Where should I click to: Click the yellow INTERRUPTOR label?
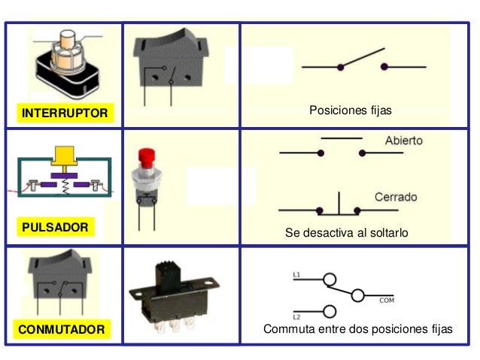[x=65, y=113]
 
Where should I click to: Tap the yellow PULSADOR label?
[x=55, y=226]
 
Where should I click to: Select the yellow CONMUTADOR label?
[x=62, y=330]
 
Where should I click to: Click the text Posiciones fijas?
[x=351, y=110]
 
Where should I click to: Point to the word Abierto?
[x=403, y=141]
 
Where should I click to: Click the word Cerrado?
[x=396, y=197]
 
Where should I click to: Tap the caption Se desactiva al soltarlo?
[x=346, y=233]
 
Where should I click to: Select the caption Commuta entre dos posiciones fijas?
[x=358, y=329]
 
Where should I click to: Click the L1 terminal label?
[x=297, y=275]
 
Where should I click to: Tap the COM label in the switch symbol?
[x=387, y=300]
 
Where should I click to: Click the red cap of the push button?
[x=146, y=159]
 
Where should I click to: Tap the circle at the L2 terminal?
[x=329, y=311]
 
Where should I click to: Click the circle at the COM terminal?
[x=358, y=295]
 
